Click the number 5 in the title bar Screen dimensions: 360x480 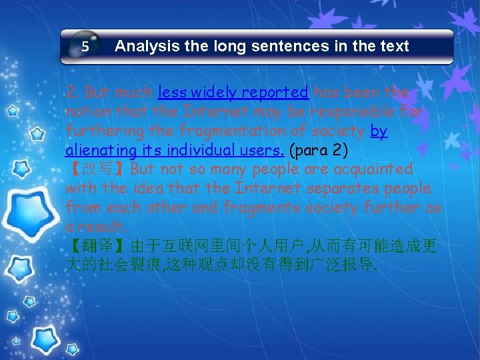(85, 47)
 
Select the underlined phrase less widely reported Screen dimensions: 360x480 (233, 91)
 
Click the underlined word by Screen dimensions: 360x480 (378, 131)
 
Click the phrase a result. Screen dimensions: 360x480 (94, 227)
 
